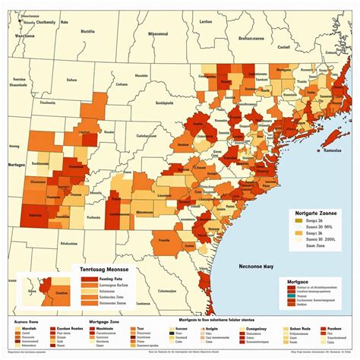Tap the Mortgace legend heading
tap(298, 282)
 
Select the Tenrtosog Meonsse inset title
tap(103, 269)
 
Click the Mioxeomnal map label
tap(156, 33)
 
